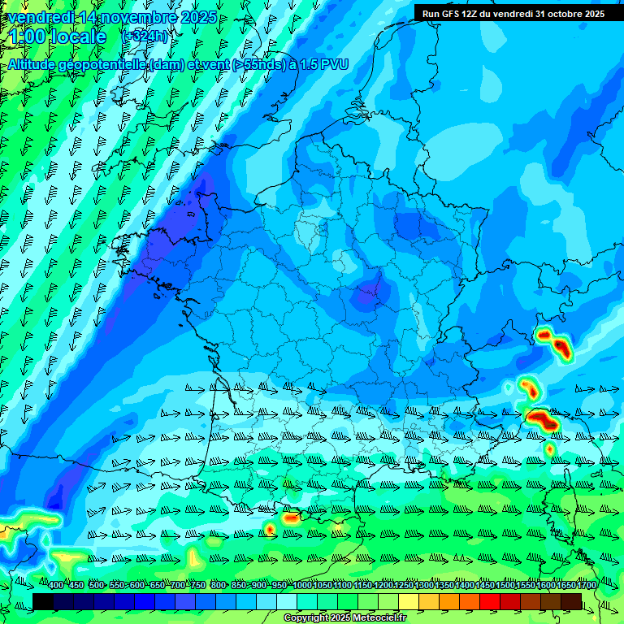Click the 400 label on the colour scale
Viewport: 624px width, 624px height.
56,586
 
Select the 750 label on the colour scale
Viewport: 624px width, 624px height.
197,586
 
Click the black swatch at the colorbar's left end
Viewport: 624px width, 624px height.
43,600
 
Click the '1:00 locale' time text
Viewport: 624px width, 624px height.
57,37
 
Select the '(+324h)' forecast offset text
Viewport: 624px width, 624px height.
145,37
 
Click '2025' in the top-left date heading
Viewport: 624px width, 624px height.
198,17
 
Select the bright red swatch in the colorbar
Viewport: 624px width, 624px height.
490,600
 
